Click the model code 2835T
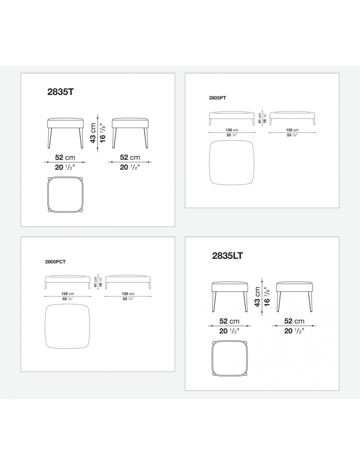pyautogui.click(x=61, y=92)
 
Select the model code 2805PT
pyautogui.click(x=217, y=98)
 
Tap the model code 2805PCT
pyautogui.click(x=55, y=262)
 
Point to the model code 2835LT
pyautogui.click(x=227, y=256)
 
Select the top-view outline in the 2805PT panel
pyautogui.click(x=209, y=163)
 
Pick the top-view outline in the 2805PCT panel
pyautogui.click(x=45, y=326)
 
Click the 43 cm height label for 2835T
pyautogui.click(x=93, y=133)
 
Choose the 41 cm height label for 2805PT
pyautogui.click(x=260, y=118)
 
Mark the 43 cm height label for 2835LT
pyautogui.click(x=257, y=297)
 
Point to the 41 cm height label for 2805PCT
pyautogui.click(x=96, y=282)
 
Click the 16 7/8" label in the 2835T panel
pyautogui.click(x=102, y=133)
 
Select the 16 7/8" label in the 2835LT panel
pyautogui.click(x=267, y=297)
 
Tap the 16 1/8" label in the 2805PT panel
pyautogui.click(x=265, y=118)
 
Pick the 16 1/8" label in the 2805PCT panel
pyautogui.click(x=100, y=282)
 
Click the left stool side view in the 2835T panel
pyautogui.click(x=65, y=133)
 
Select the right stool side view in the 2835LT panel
pyautogui.click(x=294, y=297)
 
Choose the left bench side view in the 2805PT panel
pyautogui.click(x=232, y=118)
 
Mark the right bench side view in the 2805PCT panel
pyautogui.click(x=128, y=282)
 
